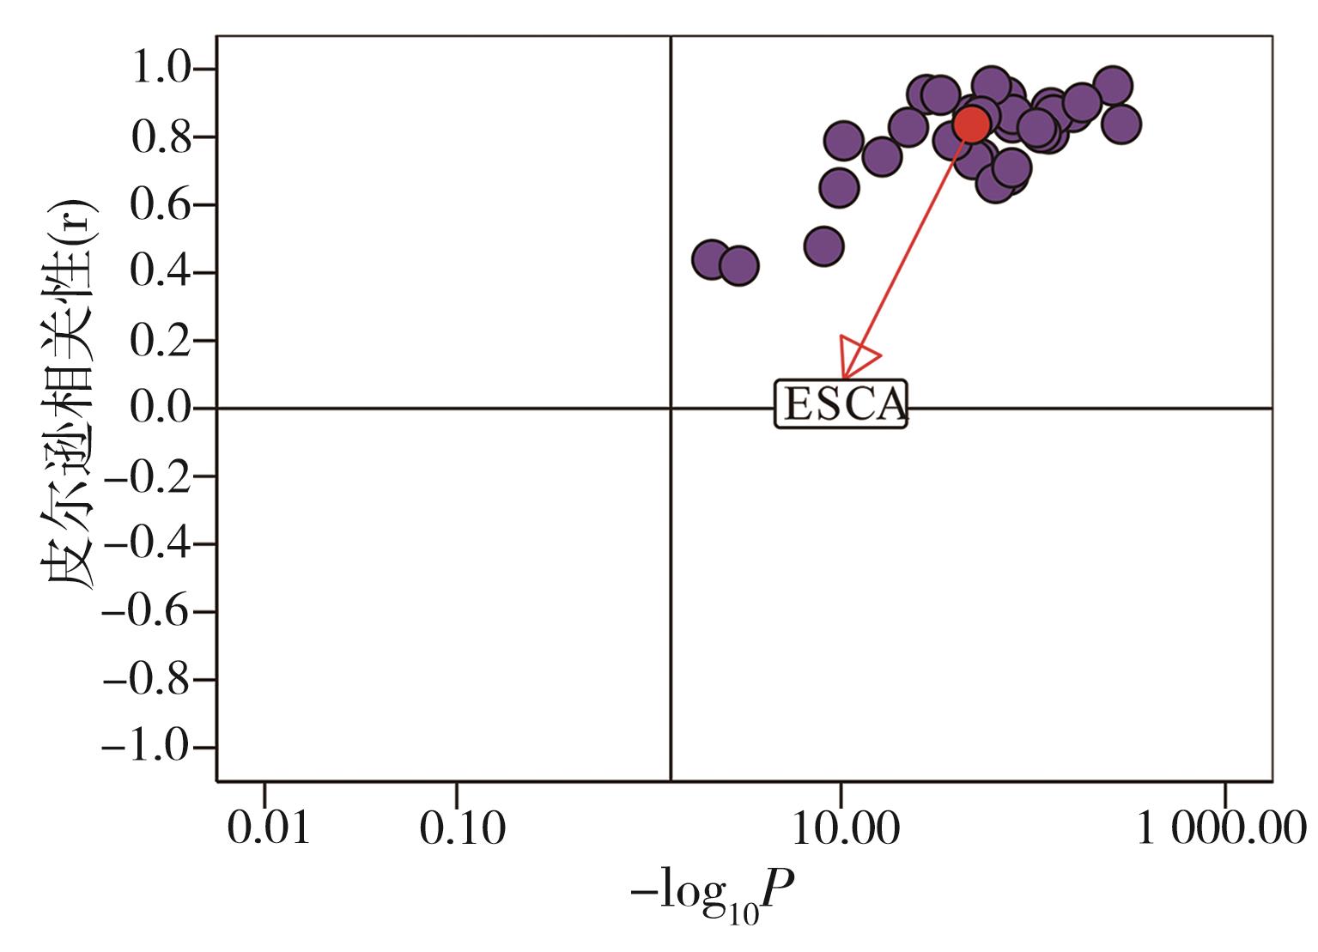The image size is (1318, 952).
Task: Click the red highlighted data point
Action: click(970, 124)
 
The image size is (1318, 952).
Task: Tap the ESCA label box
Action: click(841, 403)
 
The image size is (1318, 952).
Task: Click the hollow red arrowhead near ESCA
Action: click(855, 355)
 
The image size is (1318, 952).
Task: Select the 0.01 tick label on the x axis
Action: click(267, 829)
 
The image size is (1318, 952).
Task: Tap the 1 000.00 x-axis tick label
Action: click(1221, 829)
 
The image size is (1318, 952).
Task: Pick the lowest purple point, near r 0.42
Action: click(738, 266)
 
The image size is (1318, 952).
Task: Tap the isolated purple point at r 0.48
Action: click(823, 246)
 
